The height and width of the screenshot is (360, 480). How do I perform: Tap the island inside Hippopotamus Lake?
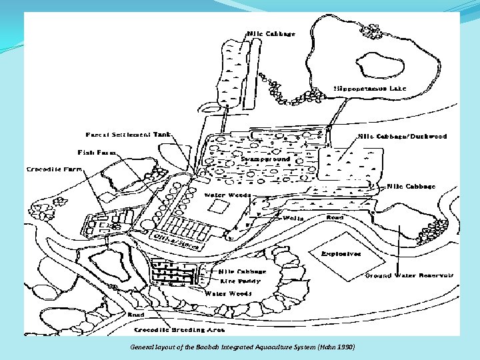coord(380,65)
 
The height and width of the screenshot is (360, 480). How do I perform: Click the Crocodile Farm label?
coord(55,169)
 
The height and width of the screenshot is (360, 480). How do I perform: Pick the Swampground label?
coord(265,160)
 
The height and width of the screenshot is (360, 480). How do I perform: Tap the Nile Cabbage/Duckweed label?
coord(403,136)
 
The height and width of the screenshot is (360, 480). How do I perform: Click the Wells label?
coord(293,218)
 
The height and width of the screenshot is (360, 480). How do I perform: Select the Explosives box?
coord(341,253)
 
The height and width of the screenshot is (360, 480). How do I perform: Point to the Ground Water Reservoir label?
coord(399,275)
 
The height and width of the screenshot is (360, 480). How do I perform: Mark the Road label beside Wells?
coord(335,217)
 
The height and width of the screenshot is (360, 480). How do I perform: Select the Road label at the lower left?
coord(136,314)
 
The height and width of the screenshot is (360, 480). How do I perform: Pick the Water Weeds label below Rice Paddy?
coord(228,293)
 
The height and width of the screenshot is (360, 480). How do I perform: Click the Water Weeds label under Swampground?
coord(227,195)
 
